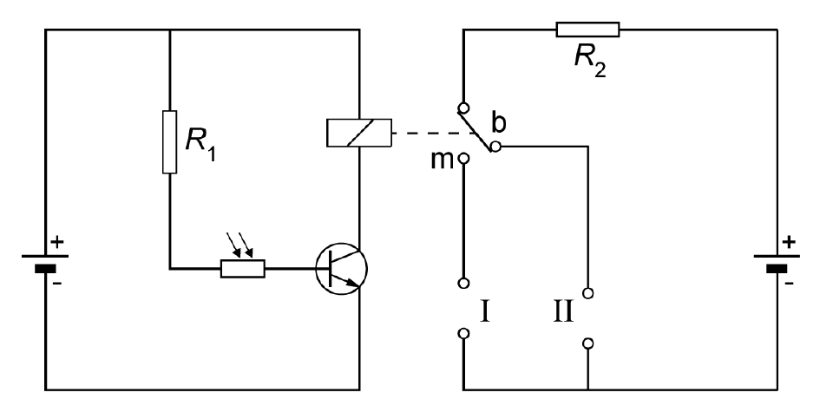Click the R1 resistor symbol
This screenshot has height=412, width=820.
(170, 141)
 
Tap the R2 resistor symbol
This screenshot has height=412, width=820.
(587, 29)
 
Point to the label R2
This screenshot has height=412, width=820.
(590, 59)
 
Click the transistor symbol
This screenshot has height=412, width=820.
(342, 268)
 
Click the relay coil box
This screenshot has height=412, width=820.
(358, 133)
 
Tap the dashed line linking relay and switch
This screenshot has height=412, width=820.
(436, 133)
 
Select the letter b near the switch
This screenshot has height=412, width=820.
(499, 123)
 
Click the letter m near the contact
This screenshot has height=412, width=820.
(442, 160)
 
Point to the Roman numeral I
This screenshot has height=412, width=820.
(485, 311)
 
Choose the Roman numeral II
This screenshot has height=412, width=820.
(563, 311)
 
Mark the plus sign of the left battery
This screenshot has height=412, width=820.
(57, 242)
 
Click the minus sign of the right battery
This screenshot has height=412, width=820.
(789, 284)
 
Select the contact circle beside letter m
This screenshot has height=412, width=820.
(463, 157)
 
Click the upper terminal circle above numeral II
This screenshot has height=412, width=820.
(587, 293)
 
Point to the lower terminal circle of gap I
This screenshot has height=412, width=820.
(463, 333)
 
